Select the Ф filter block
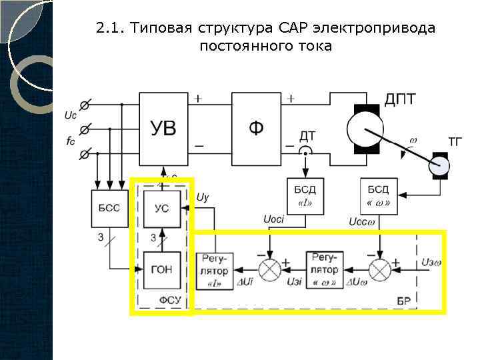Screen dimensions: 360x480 [x=256, y=127]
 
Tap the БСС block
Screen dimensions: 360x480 [x=105, y=208]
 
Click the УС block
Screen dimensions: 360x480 [x=161, y=208]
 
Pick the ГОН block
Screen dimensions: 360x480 [x=161, y=271]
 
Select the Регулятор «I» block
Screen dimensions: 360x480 [x=214, y=271]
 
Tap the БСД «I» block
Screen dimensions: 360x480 [x=305, y=195]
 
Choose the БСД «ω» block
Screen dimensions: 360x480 [x=379, y=195]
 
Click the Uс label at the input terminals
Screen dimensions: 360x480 [x=70, y=115]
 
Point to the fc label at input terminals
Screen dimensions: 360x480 [x=70, y=141]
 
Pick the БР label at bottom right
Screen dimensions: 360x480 [x=403, y=301]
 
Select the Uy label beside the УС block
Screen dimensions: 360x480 [x=203, y=197]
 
